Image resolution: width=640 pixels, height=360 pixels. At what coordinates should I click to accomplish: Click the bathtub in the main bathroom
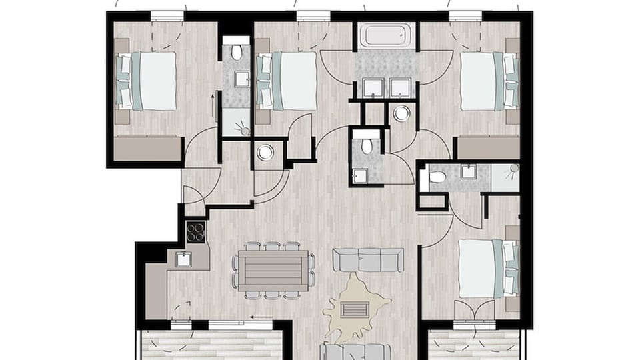pos(385,36)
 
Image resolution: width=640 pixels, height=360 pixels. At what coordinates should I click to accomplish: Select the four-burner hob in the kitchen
pos(195,232)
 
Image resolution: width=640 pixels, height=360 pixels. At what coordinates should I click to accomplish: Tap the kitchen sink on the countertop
pos(183,259)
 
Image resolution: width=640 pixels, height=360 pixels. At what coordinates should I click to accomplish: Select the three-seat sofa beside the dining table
pos(368,260)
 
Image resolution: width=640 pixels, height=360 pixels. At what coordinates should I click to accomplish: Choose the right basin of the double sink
pos(400,88)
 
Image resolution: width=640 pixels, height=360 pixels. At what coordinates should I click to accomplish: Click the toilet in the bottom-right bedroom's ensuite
pos(437,177)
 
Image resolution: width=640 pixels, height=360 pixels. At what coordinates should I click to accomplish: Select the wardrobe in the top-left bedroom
pos(147,149)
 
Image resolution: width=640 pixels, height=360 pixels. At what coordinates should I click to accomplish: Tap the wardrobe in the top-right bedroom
pos(489,148)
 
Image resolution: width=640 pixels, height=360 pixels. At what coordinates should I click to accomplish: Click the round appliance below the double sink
pos(401,114)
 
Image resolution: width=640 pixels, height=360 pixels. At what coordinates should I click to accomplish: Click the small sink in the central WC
pos(361,175)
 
